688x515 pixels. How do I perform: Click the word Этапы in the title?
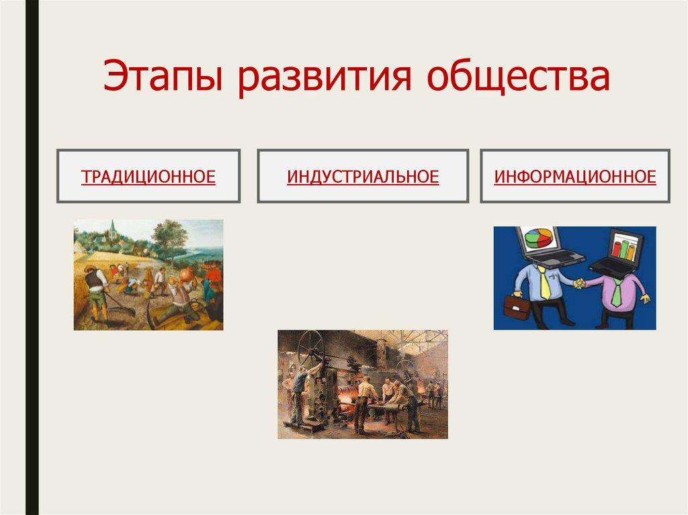163,77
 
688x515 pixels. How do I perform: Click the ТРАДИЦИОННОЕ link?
148,177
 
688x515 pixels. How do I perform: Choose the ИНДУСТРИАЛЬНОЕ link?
363,177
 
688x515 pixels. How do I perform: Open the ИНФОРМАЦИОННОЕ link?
575,177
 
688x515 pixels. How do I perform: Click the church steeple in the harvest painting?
113,230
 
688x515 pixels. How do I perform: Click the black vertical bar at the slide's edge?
32,258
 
